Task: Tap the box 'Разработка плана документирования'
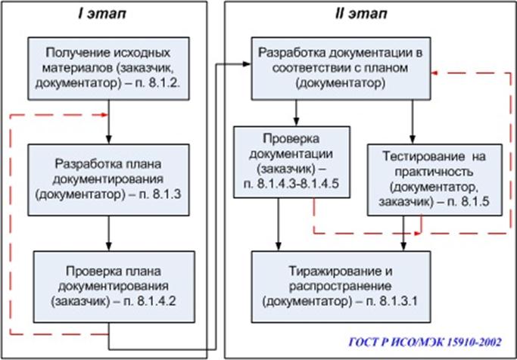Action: [107, 179]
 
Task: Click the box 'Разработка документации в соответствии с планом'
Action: [340, 69]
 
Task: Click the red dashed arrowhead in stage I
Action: [103, 115]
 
